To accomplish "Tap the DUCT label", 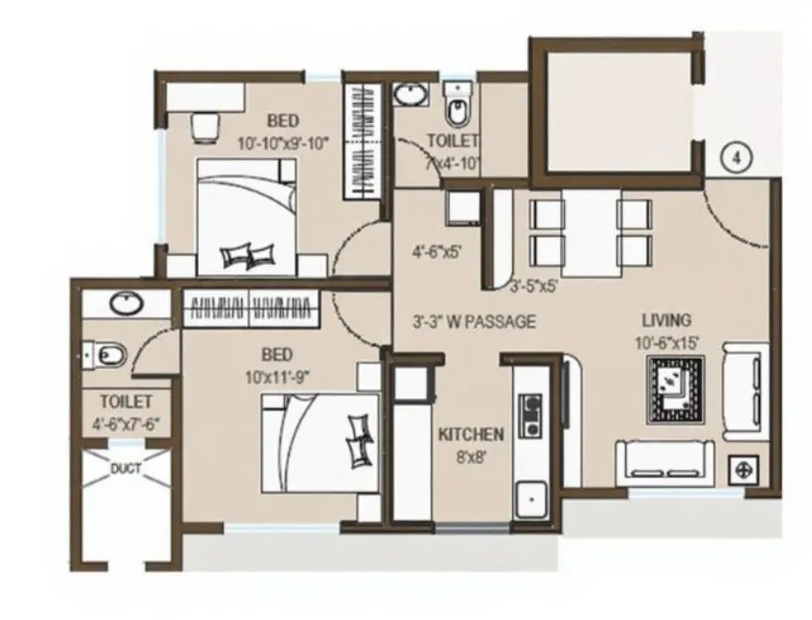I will click(125, 467).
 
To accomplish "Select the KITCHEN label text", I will click(471, 434).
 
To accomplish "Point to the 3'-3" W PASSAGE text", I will click(474, 321).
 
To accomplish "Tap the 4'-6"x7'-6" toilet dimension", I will click(125, 422).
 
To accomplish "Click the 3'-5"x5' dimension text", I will click(534, 287).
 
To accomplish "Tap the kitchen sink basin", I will click(530, 495).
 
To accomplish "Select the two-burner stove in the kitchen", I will click(530, 415).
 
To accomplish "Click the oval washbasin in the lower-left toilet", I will click(127, 303).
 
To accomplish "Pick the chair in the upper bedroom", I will click(205, 125).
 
